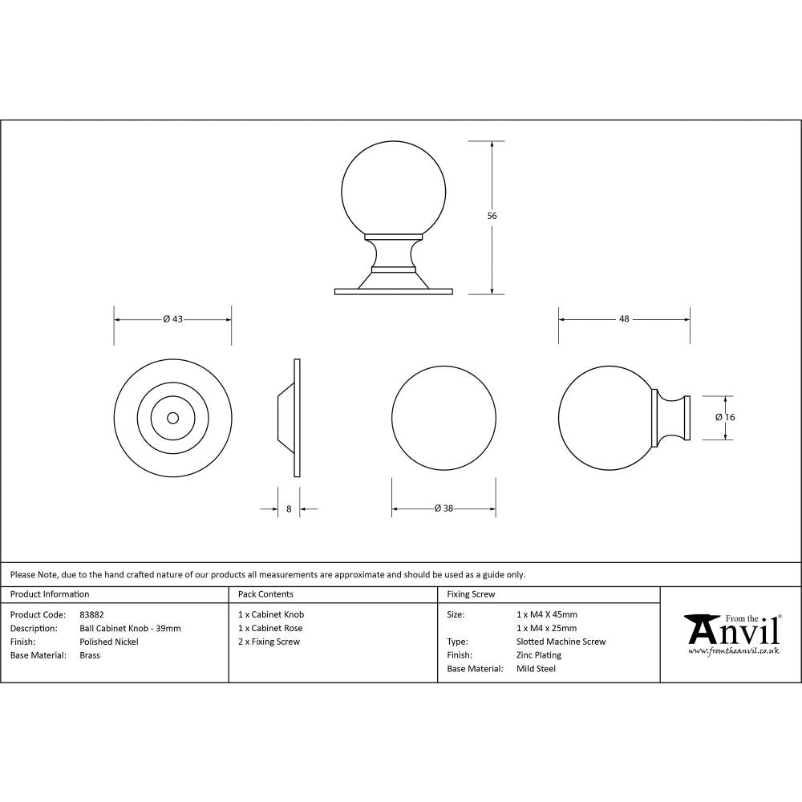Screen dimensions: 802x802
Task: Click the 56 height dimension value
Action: [x=492, y=216]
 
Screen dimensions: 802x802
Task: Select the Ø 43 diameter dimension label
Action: [x=173, y=319]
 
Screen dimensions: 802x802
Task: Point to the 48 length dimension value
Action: [x=623, y=319]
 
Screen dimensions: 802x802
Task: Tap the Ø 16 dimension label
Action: [x=725, y=417]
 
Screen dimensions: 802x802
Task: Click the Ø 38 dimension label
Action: [x=444, y=508]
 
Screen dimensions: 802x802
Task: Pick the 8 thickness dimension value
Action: [x=288, y=508]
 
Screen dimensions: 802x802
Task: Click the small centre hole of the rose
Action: [x=172, y=418]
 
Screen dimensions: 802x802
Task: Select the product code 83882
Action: [x=91, y=615]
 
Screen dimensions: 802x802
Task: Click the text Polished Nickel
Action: [x=109, y=642]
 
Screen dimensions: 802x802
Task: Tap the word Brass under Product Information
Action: [x=90, y=655]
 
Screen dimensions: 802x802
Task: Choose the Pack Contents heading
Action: [x=265, y=594]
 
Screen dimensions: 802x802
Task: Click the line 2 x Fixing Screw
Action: [x=269, y=642]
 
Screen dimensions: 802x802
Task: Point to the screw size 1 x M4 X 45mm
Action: [x=547, y=615]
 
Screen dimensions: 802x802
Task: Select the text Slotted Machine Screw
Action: [x=561, y=642]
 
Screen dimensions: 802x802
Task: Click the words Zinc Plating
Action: [x=539, y=655]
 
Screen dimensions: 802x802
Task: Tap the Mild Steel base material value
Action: [x=537, y=669]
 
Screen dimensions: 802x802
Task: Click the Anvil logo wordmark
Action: [x=733, y=632]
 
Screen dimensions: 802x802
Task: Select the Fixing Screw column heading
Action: [x=471, y=594]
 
